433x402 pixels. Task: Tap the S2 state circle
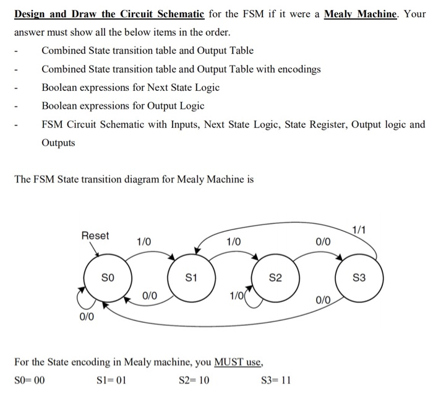[x=277, y=280]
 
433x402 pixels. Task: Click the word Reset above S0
[x=95, y=236]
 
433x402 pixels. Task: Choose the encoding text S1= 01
[x=112, y=380]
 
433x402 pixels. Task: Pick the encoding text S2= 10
[x=194, y=380]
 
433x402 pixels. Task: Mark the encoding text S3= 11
[x=276, y=380]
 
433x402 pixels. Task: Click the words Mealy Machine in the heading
[x=359, y=13]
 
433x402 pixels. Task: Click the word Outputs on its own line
[x=58, y=142]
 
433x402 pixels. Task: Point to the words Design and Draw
[x=57, y=13]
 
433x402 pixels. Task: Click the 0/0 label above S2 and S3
[x=322, y=241]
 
